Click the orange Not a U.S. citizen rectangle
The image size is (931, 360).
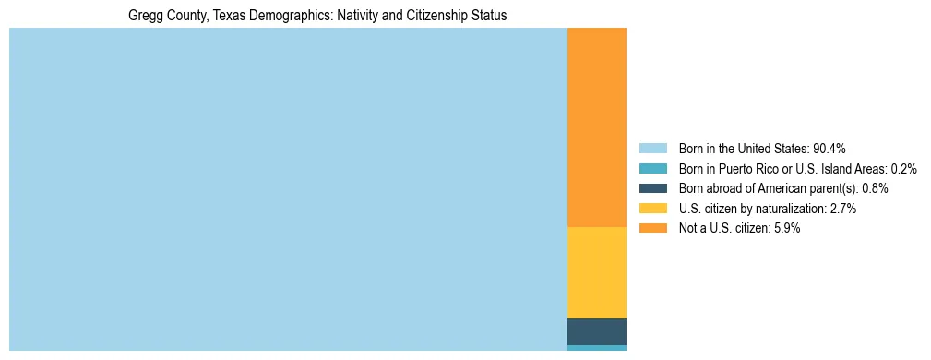click(x=596, y=127)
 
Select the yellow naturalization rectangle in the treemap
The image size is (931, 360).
click(x=596, y=272)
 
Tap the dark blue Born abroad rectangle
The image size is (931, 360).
click(x=596, y=331)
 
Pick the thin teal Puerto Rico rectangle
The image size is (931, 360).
click(x=596, y=348)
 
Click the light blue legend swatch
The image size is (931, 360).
click(x=652, y=149)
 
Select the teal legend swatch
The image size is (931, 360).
click(x=652, y=169)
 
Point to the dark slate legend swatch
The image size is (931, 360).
click(x=652, y=188)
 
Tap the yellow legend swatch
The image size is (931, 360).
click(x=652, y=209)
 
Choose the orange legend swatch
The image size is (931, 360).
click(x=652, y=229)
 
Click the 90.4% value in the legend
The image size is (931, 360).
click(x=830, y=149)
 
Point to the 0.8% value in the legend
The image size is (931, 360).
click(x=875, y=188)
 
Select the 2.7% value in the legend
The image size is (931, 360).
click(x=842, y=209)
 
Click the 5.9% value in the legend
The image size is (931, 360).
click(x=786, y=229)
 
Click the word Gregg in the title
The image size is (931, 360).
click(x=145, y=16)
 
